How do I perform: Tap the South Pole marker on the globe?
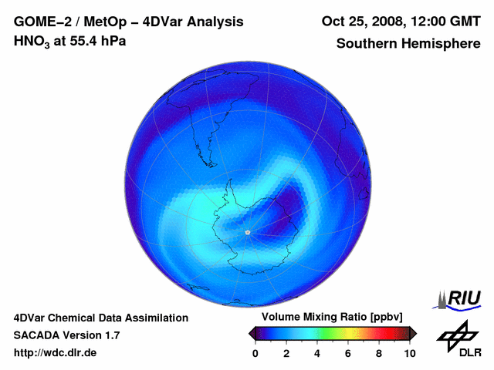tap(247, 232)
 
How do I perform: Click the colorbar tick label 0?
tap(255, 353)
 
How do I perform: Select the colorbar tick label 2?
tap(286, 353)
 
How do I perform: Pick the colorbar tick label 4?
tap(317, 353)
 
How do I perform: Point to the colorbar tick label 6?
tap(348, 353)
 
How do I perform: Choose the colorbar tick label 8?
tap(379, 353)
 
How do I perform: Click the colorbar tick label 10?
tap(409, 353)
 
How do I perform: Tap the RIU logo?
tap(461, 298)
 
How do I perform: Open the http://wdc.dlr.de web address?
tap(56, 353)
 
